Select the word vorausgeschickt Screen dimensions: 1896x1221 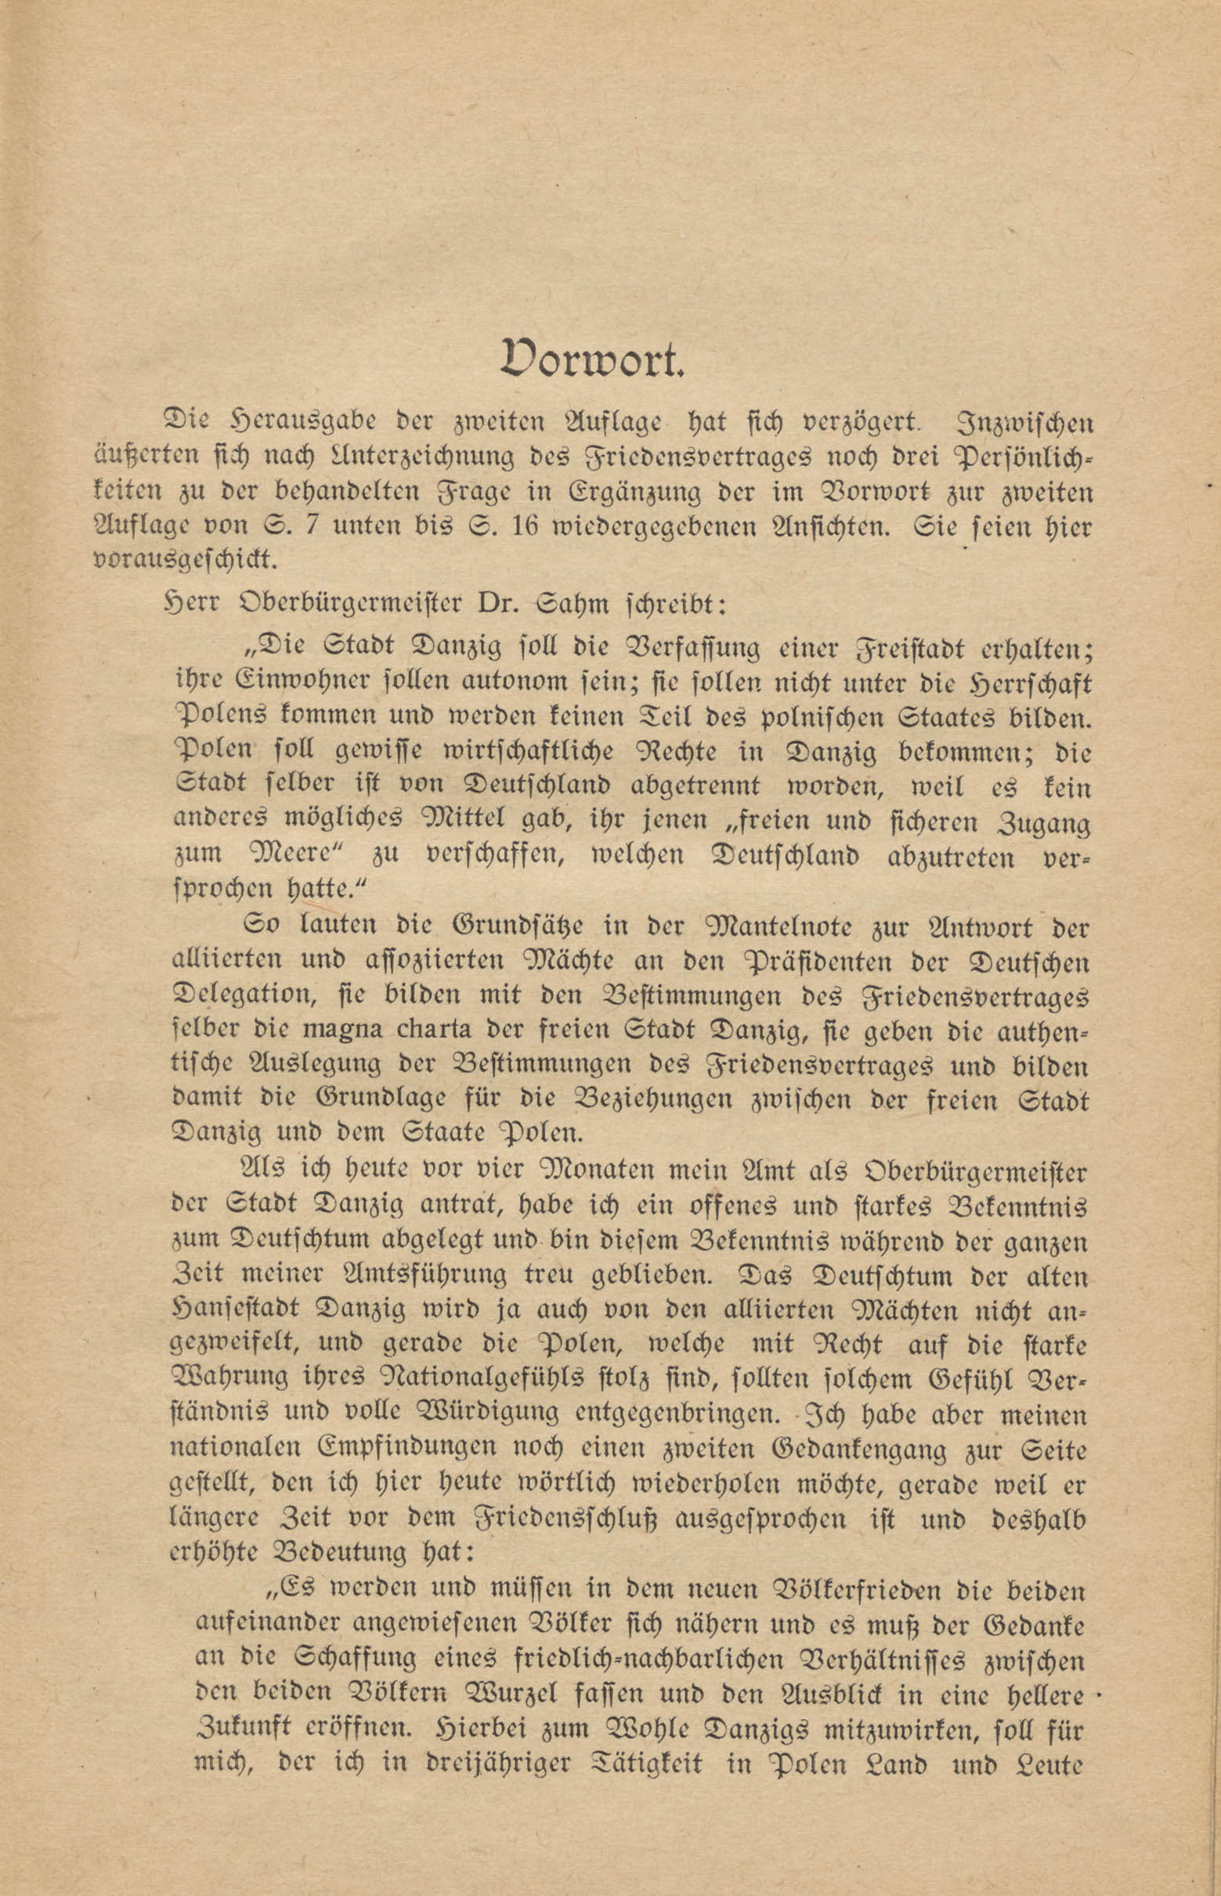tap(186, 561)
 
